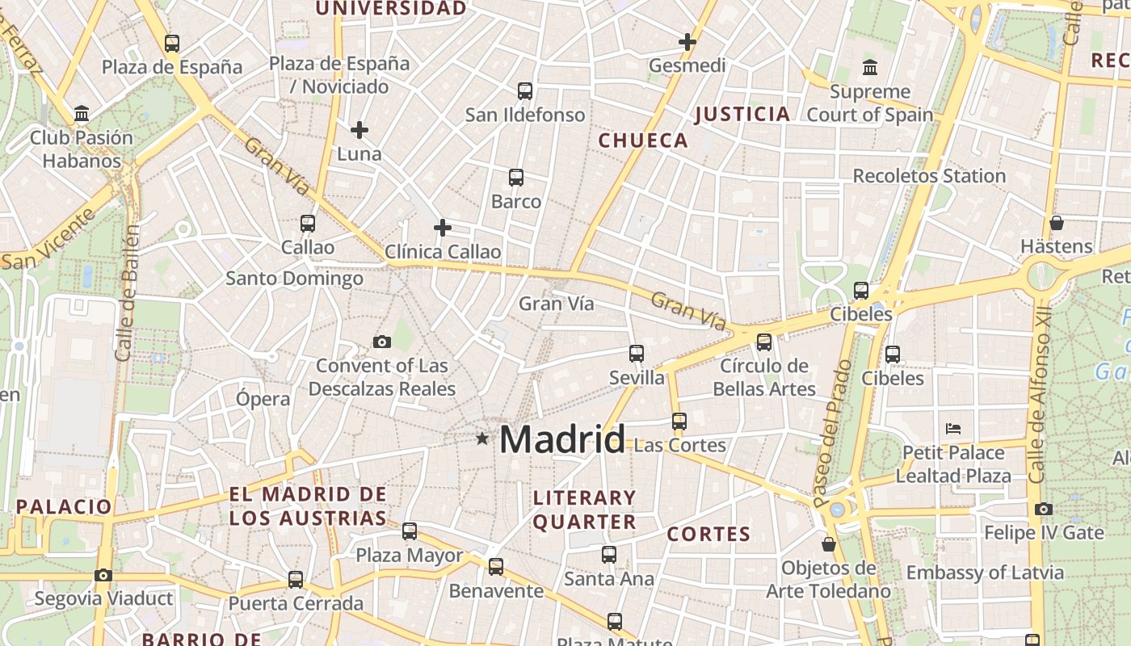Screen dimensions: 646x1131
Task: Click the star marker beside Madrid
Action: (482, 438)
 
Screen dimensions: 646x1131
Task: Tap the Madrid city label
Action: (562, 440)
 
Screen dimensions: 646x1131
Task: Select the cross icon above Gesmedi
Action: (687, 42)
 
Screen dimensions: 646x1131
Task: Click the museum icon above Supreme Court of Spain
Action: (870, 67)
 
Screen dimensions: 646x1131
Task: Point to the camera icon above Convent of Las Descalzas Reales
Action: (382, 342)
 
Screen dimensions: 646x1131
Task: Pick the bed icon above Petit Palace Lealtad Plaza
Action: (953, 428)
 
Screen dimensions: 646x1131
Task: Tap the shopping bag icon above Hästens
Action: (1057, 223)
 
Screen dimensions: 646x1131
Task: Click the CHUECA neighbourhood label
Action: (643, 141)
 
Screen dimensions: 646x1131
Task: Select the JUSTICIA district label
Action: (742, 114)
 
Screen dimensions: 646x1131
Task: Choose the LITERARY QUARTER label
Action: (584, 510)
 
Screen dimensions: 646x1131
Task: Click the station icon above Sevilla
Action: (637, 354)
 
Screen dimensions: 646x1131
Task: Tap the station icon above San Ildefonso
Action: (525, 91)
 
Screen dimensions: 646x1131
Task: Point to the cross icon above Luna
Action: (359, 129)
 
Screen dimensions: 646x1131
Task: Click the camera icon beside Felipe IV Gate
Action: (1044, 510)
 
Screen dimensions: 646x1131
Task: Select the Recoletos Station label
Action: (929, 176)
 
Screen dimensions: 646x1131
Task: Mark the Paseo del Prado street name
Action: (833, 434)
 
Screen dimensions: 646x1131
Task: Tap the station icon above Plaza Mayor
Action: (410, 531)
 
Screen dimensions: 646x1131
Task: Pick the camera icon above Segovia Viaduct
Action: (103, 576)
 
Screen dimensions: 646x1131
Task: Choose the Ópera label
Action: (263, 399)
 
